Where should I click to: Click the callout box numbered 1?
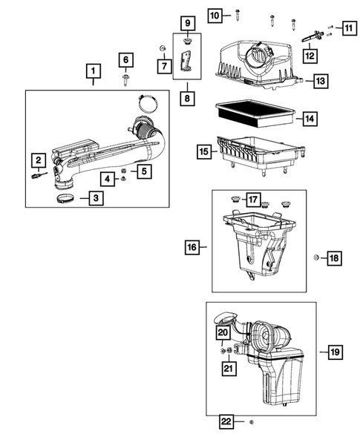(x=93, y=73)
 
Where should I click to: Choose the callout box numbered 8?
(x=187, y=97)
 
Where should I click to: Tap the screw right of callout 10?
(x=237, y=13)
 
